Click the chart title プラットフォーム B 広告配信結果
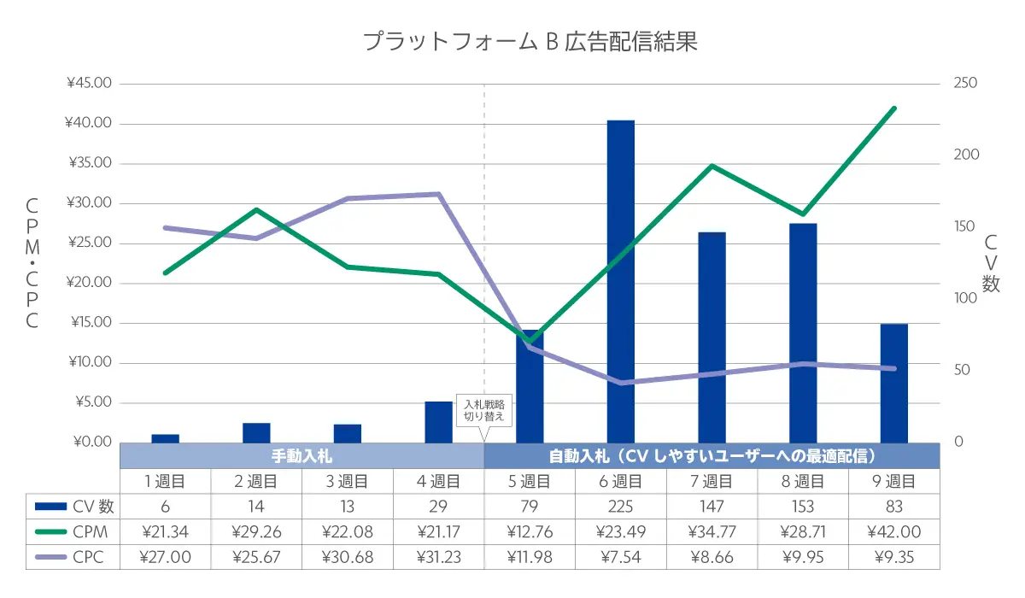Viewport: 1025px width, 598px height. [x=530, y=42]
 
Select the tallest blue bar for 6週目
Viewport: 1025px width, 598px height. [x=621, y=282]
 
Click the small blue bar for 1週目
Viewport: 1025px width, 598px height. [x=165, y=438]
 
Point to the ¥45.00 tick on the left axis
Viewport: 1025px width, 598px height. [x=89, y=84]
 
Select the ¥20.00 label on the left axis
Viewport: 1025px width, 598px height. [x=89, y=283]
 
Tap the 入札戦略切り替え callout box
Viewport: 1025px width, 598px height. [x=484, y=411]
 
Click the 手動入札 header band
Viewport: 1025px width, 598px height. [x=302, y=455]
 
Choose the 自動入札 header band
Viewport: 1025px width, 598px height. [x=712, y=455]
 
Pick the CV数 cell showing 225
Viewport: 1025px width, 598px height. [x=621, y=506]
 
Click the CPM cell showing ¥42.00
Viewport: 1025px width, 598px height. [x=893, y=531]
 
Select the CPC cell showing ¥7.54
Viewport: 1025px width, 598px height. [x=621, y=557]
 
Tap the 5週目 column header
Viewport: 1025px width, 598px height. [x=530, y=481]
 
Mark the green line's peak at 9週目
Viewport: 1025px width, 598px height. [x=893, y=108]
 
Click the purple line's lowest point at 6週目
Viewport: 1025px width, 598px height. [x=621, y=383]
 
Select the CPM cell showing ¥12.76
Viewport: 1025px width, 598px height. [x=530, y=531]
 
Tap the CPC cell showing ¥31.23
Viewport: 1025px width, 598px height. [x=438, y=557]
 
